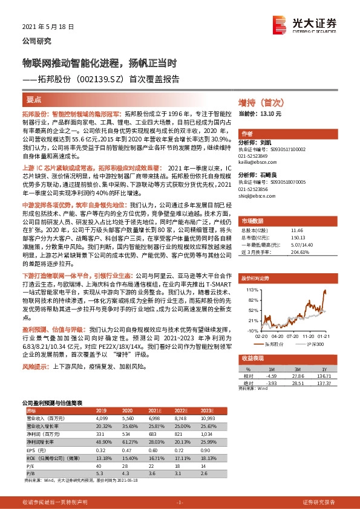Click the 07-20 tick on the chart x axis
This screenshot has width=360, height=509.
pos(287,336)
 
